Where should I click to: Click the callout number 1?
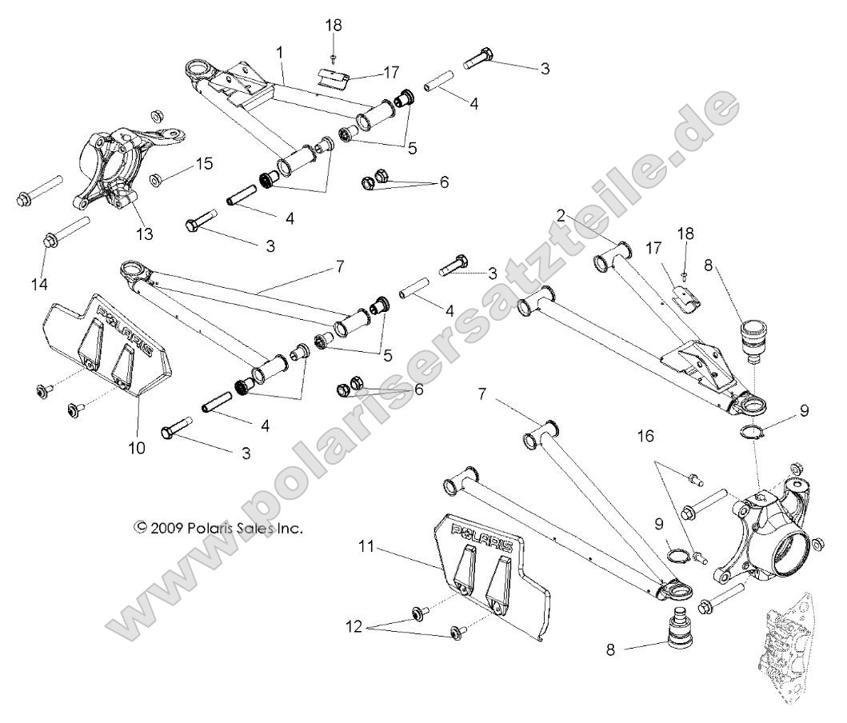point(280,52)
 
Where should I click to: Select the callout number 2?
point(561,215)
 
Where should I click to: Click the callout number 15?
point(204,164)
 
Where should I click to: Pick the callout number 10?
point(138,448)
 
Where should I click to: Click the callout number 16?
point(645,436)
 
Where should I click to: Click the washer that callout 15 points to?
point(158,178)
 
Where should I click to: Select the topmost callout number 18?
point(333,25)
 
